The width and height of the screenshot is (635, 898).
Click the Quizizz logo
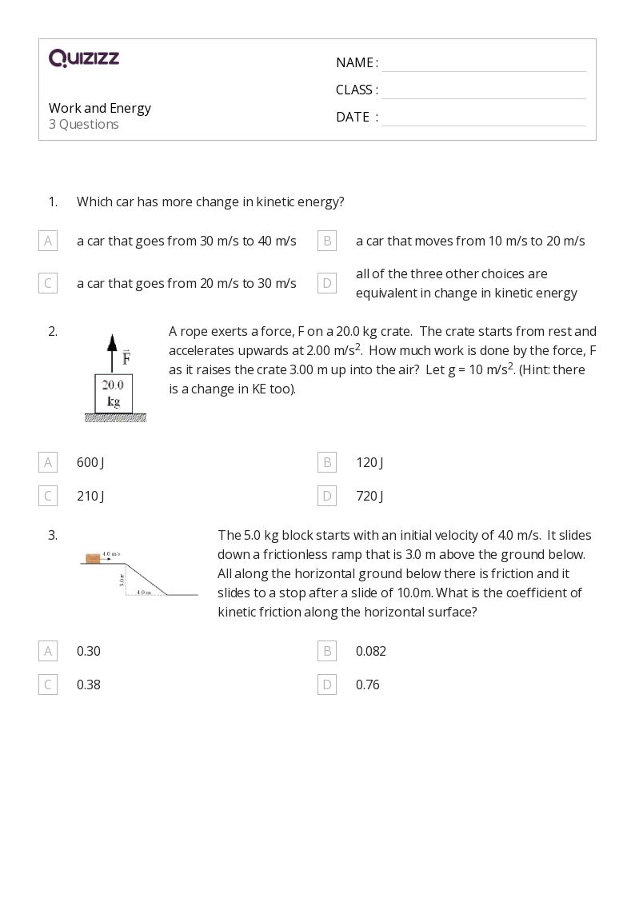click(x=84, y=58)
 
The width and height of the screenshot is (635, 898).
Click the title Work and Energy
click(x=100, y=108)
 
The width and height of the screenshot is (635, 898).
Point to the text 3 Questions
click(x=84, y=125)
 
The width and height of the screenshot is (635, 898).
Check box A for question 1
click(x=48, y=241)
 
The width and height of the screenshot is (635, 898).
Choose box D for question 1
click(x=327, y=283)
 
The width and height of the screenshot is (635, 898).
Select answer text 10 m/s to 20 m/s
click(x=470, y=241)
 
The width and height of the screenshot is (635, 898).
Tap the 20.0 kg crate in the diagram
click(x=113, y=393)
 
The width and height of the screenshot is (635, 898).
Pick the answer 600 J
click(x=90, y=462)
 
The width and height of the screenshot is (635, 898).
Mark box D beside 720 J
click(x=327, y=496)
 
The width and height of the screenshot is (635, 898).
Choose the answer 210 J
click(x=90, y=496)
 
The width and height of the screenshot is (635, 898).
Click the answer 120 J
click(x=369, y=462)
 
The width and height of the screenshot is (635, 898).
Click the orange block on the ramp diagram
click(x=93, y=558)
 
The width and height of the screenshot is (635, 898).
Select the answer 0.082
click(x=371, y=651)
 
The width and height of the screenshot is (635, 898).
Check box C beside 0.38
click(x=48, y=684)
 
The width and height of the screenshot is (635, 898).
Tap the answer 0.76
click(x=368, y=684)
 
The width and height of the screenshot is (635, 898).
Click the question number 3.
click(x=53, y=535)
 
